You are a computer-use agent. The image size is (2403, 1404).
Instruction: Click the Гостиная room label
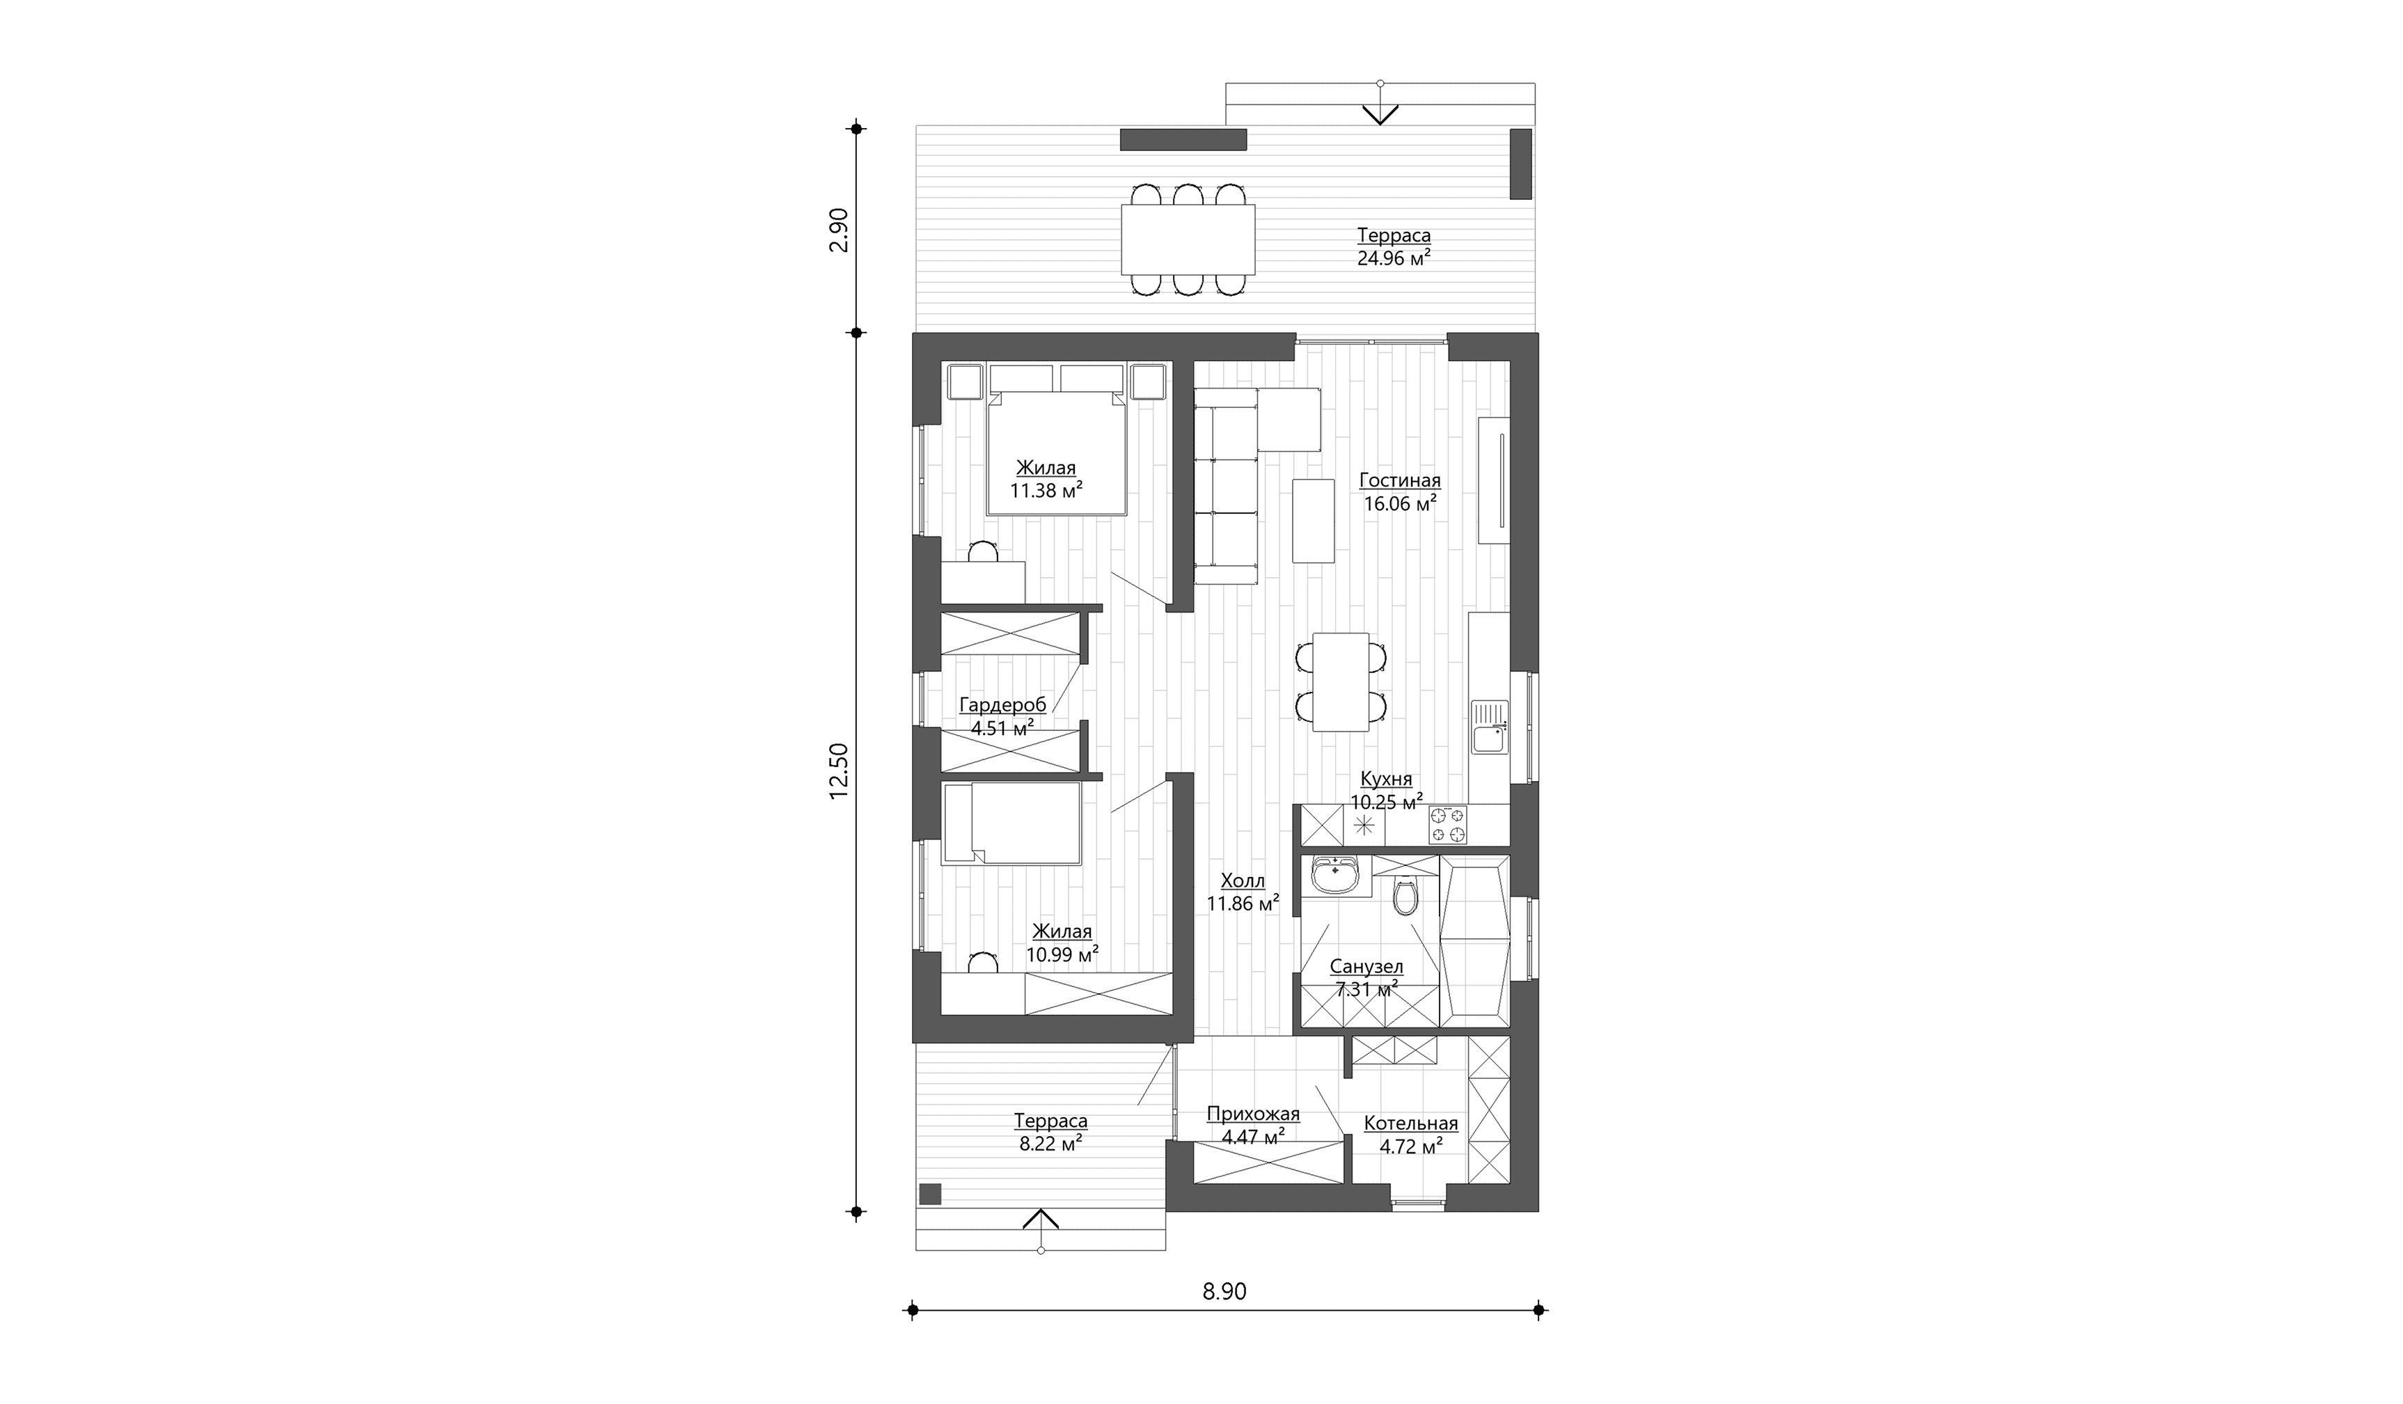pyautogui.click(x=1399, y=482)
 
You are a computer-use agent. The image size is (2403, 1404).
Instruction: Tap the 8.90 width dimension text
pyautogui.click(x=1224, y=1291)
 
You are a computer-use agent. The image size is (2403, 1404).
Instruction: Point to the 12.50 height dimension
pyautogui.click(x=838, y=772)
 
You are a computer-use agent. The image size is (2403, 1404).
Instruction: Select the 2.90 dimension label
pyautogui.click(x=838, y=230)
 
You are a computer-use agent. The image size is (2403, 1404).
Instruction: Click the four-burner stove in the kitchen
pyautogui.click(x=1447, y=825)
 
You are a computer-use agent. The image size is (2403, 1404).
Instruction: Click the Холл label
pyautogui.click(x=1243, y=881)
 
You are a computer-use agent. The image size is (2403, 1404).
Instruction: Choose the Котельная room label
pyautogui.click(x=1410, y=1123)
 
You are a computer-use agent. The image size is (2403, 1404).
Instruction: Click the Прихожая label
pyautogui.click(x=1253, y=1114)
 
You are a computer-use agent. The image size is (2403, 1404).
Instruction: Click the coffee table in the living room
pyautogui.click(x=1313, y=521)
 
